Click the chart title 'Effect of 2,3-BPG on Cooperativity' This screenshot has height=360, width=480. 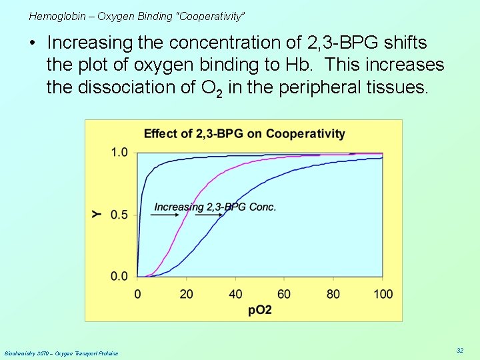point(244,133)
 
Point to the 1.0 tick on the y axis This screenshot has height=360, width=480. point(119,153)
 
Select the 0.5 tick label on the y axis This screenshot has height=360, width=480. point(119,215)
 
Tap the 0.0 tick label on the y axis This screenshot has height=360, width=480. point(119,276)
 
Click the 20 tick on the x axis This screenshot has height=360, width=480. point(187,293)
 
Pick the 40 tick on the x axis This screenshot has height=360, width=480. point(235,293)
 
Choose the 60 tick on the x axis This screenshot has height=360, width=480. point(285,293)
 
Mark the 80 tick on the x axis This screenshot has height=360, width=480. point(333,293)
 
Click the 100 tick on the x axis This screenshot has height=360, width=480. point(383,293)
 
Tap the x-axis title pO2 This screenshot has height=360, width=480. point(259,310)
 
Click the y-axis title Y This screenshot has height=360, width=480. point(97,214)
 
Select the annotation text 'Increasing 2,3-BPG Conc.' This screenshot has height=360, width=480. point(215,207)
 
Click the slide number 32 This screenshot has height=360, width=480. point(459,350)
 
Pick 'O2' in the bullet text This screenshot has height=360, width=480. point(211,88)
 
